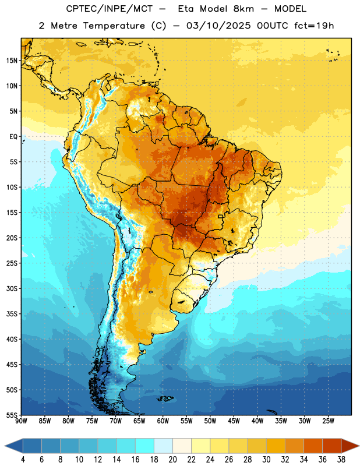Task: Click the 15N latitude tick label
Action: click(x=12, y=61)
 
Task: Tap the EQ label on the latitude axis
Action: click(x=13, y=137)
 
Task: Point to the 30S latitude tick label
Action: click(x=12, y=288)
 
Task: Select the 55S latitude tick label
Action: click(x=12, y=415)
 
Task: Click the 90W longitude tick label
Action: click(x=21, y=421)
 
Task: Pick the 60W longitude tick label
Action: click(x=163, y=421)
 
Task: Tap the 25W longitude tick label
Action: click(x=328, y=421)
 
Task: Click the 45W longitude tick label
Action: click(x=234, y=421)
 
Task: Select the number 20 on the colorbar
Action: click(x=172, y=460)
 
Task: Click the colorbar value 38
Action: click(x=341, y=460)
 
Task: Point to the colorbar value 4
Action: click(x=23, y=460)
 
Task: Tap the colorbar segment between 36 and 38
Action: click(x=332, y=446)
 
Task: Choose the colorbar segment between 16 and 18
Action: click(x=144, y=446)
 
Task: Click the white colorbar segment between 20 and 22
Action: click(x=182, y=446)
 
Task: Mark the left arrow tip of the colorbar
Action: click(x=5, y=446)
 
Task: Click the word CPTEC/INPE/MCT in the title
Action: click(x=109, y=9)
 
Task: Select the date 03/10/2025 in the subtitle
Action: click(x=218, y=26)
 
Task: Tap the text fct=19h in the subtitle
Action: click(x=314, y=26)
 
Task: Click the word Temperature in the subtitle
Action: click(x=114, y=26)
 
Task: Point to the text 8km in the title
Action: click(x=243, y=9)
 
